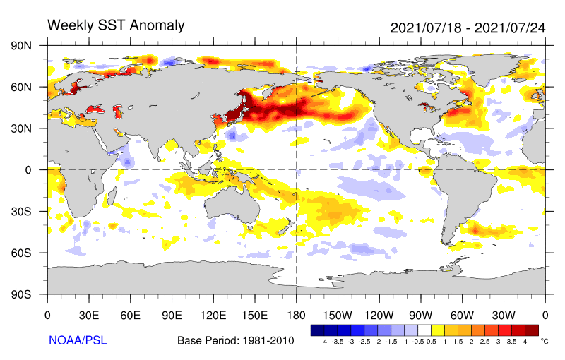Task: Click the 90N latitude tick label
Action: [21, 46]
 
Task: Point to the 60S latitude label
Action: [21, 253]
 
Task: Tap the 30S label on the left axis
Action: [21, 211]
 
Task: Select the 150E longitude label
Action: [255, 316]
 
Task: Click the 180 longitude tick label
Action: [296, 316]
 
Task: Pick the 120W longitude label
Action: [379, 316]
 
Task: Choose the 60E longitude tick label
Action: [130, 316]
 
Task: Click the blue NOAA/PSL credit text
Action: [78, 340]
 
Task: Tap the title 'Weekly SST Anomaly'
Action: [116, 25]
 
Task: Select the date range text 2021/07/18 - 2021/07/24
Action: [468, 28]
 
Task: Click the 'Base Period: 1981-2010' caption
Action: [236, 340]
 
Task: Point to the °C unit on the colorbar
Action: [545, 341]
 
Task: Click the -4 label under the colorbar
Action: [323, 341]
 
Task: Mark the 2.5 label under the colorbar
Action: [484, 341]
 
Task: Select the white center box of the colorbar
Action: [424, 330]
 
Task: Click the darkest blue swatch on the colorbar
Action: [317, 330]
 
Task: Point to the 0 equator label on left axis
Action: [28, 170]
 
